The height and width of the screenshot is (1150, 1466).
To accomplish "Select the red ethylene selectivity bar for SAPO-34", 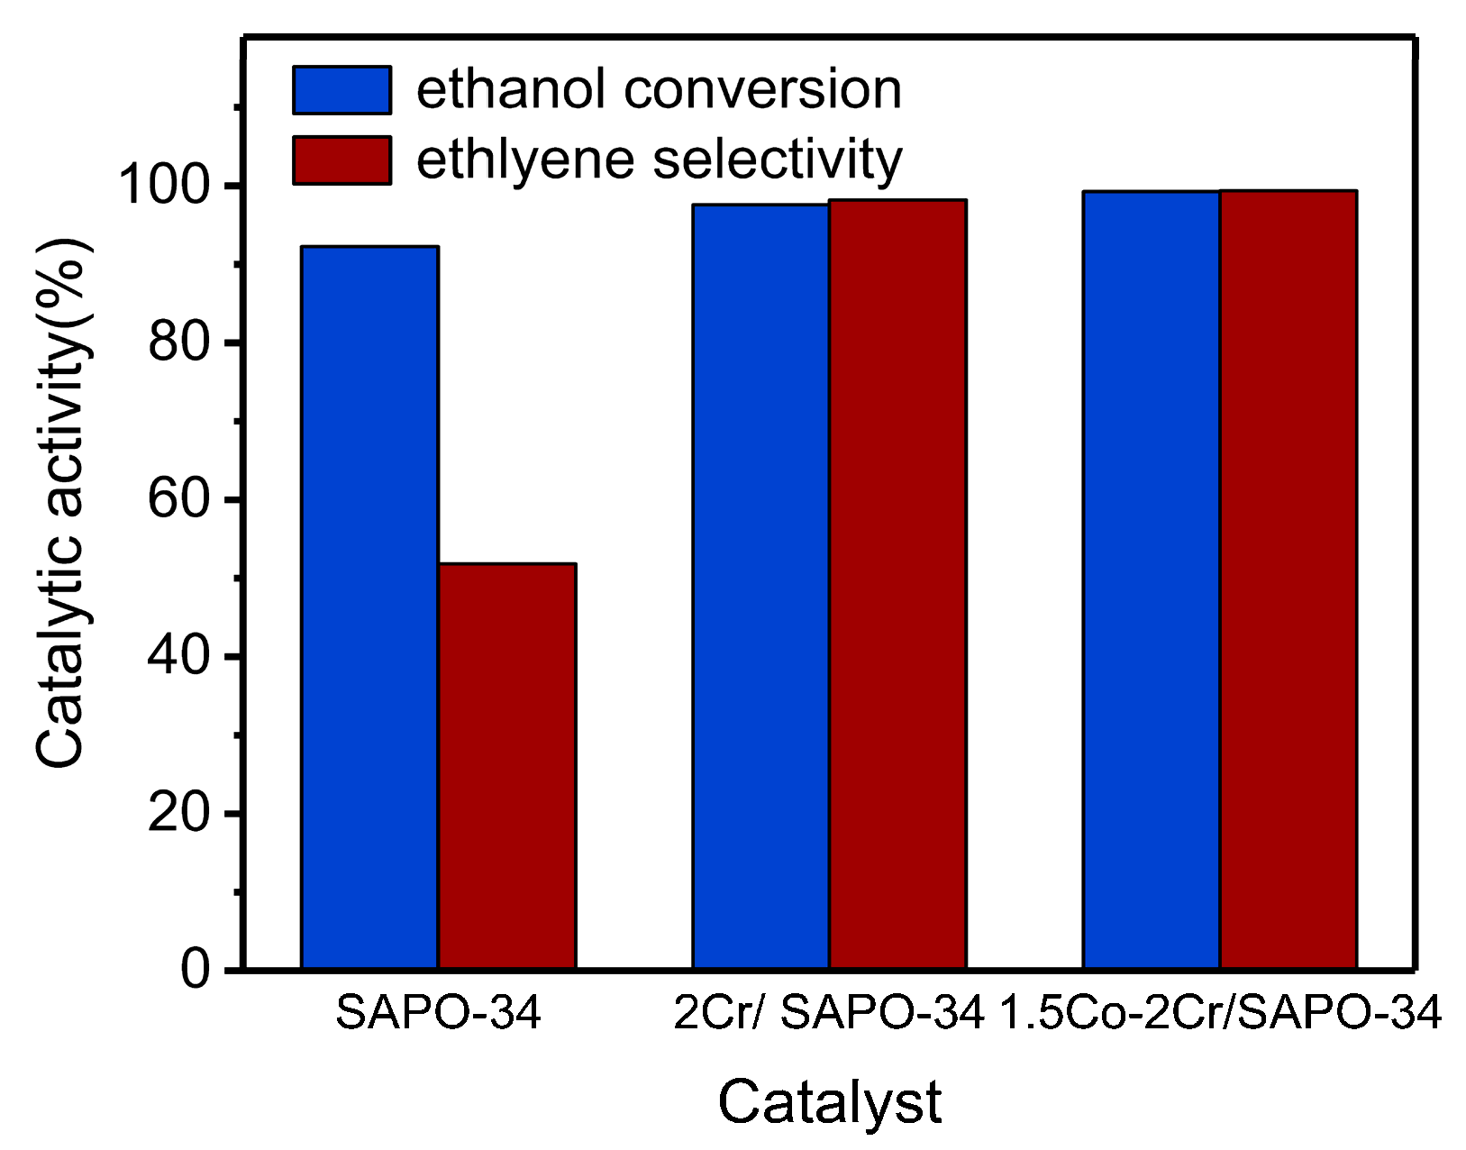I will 507,766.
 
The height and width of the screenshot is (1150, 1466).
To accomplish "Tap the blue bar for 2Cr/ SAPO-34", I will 760,586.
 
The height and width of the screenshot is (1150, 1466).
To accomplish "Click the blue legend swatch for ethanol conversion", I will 342,89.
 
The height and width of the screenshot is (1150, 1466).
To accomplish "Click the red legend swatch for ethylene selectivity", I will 342,160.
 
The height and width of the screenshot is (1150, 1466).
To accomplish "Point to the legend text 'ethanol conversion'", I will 658,89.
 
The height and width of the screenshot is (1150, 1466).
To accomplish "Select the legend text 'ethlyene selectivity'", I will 658,160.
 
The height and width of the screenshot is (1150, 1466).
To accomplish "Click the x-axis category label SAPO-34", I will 438,1014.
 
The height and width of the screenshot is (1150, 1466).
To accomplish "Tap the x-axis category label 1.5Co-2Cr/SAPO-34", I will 1220,1014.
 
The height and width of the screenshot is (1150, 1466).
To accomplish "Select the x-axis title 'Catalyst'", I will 829,1101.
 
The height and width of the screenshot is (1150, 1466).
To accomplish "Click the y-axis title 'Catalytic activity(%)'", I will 61,503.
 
